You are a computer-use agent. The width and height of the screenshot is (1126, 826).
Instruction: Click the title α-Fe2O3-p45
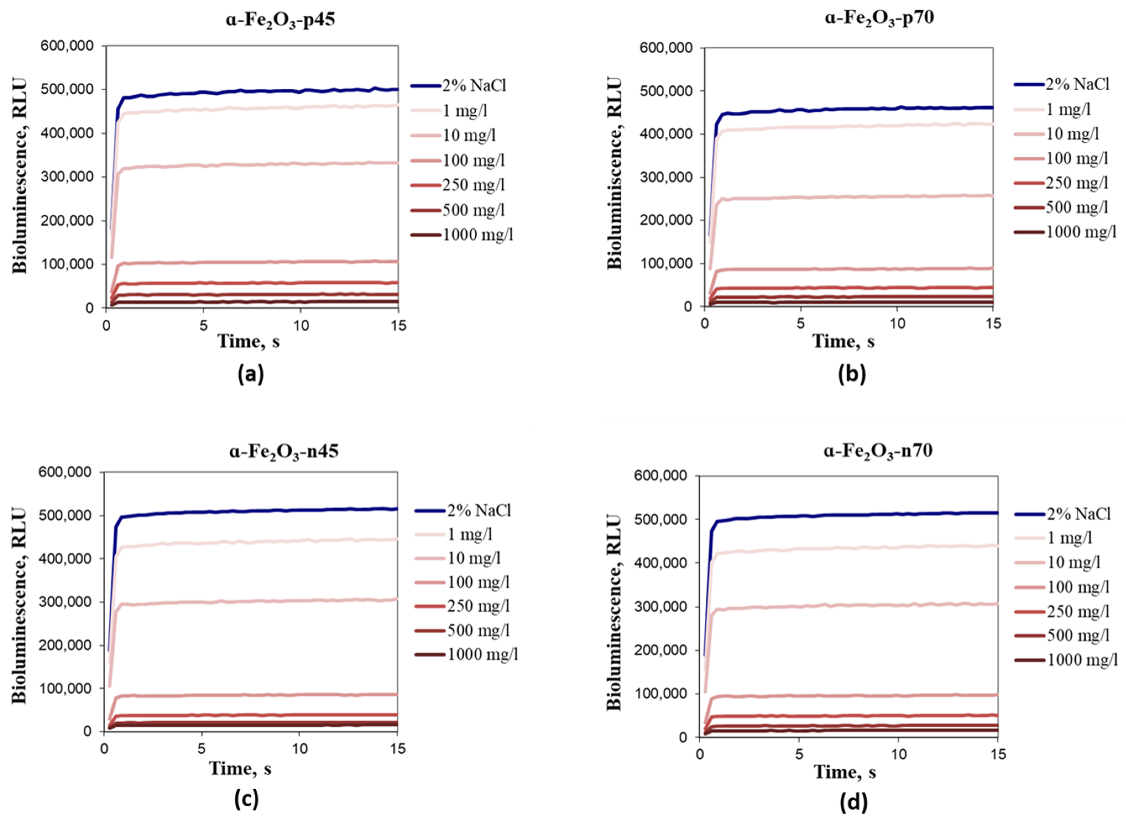(279, 22)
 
